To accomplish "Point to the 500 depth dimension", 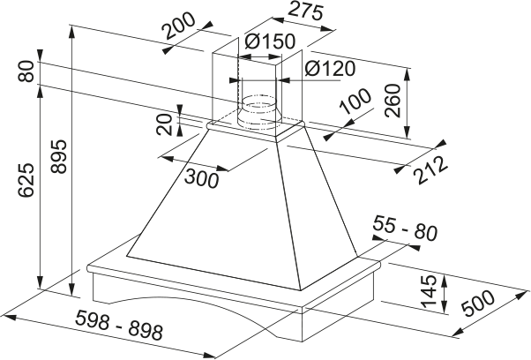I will (x=480, y=305).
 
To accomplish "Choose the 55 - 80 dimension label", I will (x=405, y=232).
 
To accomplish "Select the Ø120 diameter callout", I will (x=328, y=69).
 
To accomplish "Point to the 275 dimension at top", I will (x=297, y=13).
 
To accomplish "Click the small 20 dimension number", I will (x=165, y=124).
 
